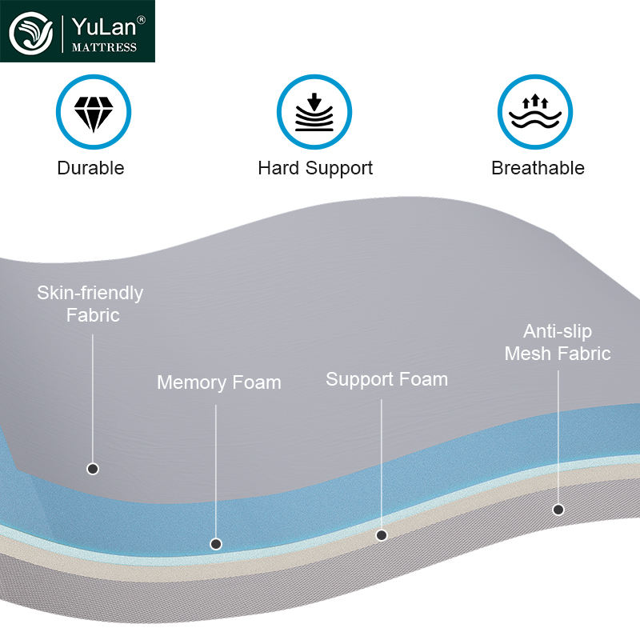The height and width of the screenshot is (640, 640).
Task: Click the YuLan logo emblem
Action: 31,32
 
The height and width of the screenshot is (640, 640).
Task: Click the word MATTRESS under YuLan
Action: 105,47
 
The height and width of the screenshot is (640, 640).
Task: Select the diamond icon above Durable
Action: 93,113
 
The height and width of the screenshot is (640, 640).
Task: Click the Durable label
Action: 90,168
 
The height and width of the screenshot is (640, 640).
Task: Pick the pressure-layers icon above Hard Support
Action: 314,113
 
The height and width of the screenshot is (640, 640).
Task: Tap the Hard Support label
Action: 315,168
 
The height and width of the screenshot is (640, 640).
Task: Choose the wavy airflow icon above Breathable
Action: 535,113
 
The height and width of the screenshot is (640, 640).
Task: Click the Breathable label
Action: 538,168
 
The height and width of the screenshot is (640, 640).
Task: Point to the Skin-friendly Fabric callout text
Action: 90,303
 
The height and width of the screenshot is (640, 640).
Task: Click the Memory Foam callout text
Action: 218,382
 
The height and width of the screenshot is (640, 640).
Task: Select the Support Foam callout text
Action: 386,378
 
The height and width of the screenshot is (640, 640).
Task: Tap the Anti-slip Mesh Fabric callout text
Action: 558,342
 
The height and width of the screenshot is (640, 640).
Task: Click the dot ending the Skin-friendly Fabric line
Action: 93,469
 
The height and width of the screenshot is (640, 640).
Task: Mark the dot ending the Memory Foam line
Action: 216,544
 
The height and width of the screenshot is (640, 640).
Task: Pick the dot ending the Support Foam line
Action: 382,535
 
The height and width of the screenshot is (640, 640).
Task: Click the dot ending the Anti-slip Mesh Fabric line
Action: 558,509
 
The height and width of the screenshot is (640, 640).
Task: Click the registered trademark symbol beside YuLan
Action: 142,18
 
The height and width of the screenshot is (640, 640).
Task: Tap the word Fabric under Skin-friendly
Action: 93,315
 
